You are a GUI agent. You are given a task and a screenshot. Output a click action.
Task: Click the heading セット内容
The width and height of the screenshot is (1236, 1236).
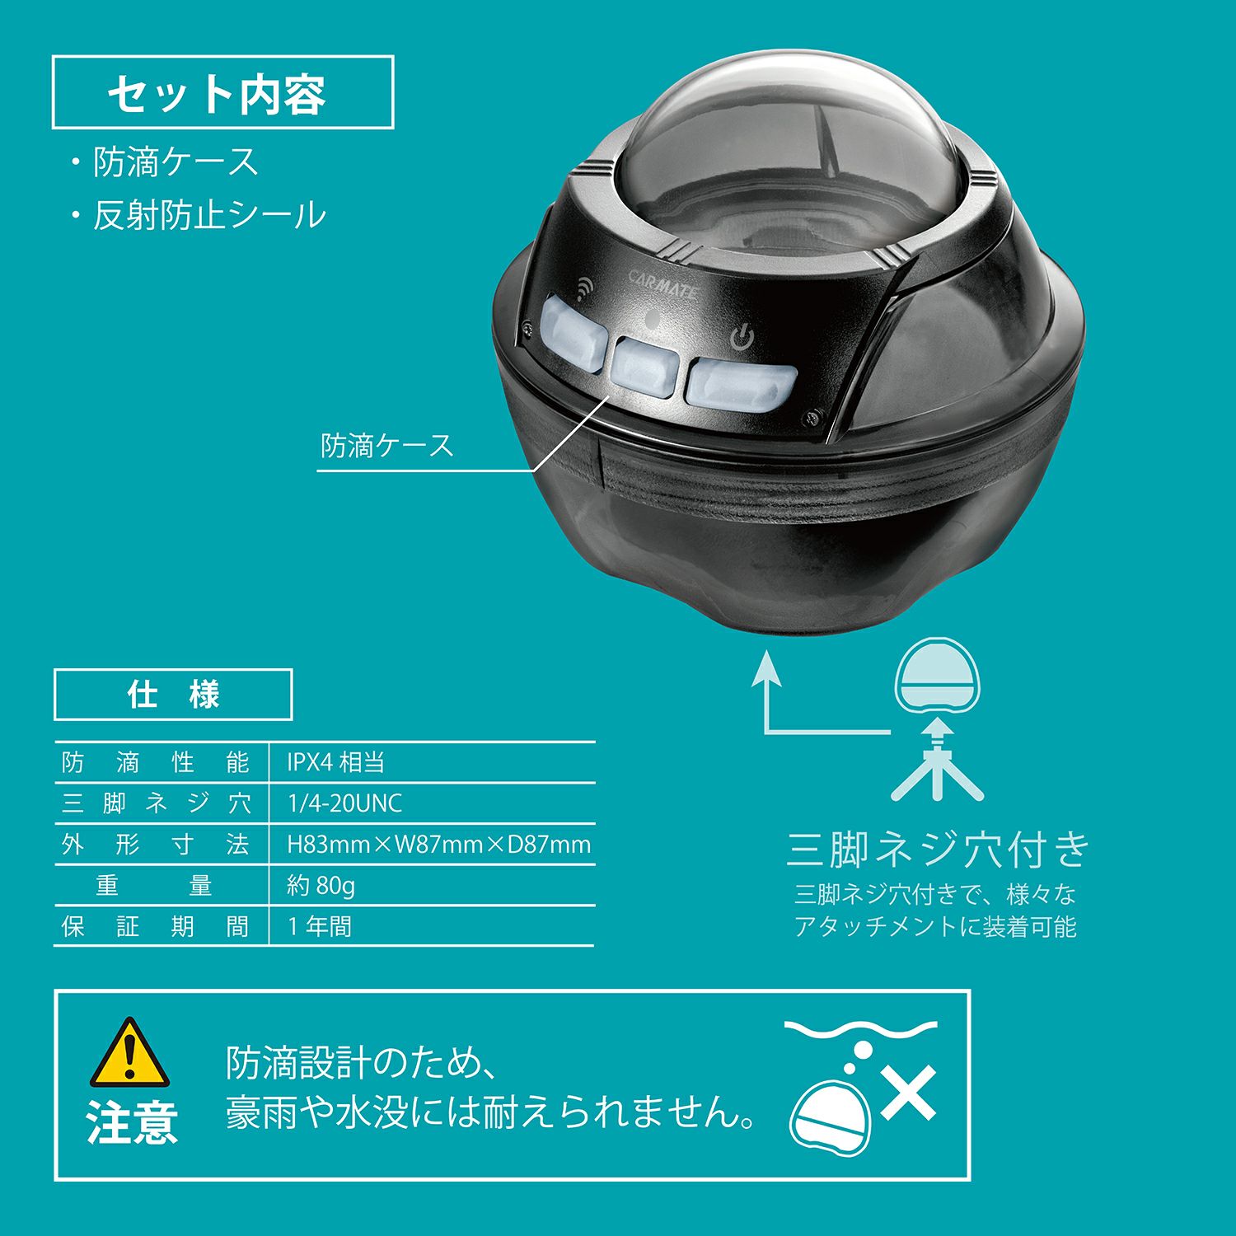217,94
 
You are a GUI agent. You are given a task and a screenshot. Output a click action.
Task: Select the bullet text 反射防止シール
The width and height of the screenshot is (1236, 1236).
209,215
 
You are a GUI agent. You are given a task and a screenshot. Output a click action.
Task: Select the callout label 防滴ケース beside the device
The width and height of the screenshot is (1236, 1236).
387,446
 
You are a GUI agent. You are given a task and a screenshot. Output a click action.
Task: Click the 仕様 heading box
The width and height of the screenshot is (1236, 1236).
173,695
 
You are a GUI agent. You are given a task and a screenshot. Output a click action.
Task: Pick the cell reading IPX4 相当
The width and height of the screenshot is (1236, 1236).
336,762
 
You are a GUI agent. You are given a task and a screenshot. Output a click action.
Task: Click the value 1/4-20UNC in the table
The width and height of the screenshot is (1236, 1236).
344,803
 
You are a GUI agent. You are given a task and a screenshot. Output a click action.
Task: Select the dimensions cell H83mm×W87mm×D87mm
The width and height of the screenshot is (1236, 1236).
438,845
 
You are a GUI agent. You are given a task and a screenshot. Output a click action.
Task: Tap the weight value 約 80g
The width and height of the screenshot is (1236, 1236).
321,886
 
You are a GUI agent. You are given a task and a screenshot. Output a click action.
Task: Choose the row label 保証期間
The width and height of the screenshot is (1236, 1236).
155,927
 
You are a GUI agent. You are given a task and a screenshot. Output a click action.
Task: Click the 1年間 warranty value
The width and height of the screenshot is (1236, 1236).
320,927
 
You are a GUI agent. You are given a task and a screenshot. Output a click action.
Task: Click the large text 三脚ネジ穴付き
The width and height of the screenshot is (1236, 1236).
938,850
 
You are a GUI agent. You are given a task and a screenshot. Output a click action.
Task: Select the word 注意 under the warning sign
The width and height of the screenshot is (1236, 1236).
132,1123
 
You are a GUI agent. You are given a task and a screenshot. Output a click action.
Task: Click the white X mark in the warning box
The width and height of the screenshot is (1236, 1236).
908,1093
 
